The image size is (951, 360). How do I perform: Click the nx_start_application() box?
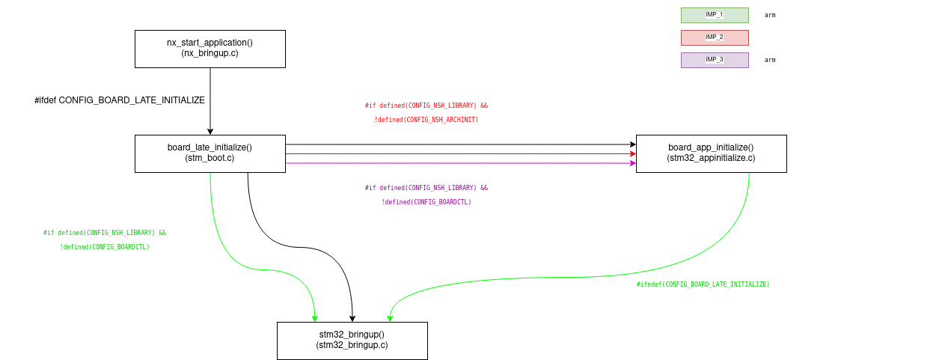pos(210,49)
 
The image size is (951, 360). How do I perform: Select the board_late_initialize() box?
pos(210,153)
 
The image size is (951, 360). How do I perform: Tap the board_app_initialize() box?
pos(711,153)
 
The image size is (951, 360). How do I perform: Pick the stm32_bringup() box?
pos(352,341)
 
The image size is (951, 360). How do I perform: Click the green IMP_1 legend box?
pos(715,15)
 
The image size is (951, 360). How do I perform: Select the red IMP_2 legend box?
pos(715,37)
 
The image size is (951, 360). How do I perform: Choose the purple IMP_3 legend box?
pos(715,60)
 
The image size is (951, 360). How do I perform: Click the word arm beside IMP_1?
pos(770,15)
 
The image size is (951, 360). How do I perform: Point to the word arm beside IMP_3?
pos(770,60)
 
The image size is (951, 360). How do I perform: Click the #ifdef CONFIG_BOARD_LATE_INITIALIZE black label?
pos(120,100)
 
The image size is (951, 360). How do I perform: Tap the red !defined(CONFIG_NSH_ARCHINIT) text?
pos(426,120)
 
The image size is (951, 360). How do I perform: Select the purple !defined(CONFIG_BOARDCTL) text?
pos(426,202)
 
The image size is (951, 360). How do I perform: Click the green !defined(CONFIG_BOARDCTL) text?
pos(105,247)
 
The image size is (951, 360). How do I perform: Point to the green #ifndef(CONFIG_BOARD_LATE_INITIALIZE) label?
pos(703,284)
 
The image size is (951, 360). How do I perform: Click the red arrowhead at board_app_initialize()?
pos(632,153)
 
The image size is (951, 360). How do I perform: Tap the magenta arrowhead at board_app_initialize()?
pos(632,163)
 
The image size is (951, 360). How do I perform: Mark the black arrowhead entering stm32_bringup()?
pos(352,318)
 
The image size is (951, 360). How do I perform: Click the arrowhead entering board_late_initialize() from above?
pos(210,131)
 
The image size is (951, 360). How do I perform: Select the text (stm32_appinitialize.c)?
pos(711,158)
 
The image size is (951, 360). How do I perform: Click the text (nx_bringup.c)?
pos(210,53)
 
